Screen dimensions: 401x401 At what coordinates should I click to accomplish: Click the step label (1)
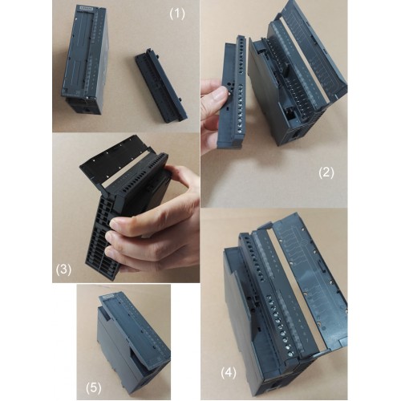click(x=177, y=14)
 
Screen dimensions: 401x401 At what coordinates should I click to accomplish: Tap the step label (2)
click(x=326, y=173)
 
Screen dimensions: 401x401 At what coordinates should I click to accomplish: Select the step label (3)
click(x=63, y=269)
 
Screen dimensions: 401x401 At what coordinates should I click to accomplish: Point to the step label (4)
click(x=229, y=373)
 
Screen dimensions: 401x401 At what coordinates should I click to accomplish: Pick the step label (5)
click(x=94, y=388)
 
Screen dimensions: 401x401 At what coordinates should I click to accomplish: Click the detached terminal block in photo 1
click(x=161, y=85)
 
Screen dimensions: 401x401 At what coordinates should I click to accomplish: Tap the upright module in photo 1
click(x=85, y=59)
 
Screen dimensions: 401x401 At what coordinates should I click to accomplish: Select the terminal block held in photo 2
click(x=232, y=92)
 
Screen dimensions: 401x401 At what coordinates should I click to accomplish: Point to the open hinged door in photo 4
click(x=313, y=281)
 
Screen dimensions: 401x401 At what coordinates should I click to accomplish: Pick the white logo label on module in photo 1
click(x=87, y=8)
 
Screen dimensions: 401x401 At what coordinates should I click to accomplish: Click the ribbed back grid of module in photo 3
click(x=103, y=241)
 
